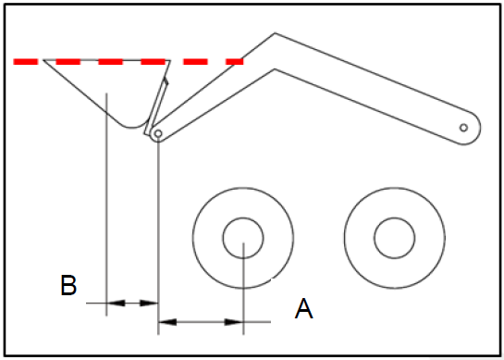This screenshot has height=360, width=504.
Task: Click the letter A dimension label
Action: (303, 308)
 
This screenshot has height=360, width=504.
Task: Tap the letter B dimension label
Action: (68, 285)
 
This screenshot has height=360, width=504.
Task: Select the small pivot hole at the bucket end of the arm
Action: (158, 133)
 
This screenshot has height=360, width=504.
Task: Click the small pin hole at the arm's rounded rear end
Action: (463, 128)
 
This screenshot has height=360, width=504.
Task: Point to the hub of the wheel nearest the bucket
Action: (243, 238)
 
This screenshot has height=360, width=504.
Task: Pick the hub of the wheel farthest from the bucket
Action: (395, 238)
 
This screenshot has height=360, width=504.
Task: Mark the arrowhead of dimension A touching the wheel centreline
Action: (234, 322)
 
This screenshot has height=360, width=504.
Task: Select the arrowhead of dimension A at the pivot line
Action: (167, 322)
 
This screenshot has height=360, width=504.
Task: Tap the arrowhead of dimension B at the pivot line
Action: (149, 303)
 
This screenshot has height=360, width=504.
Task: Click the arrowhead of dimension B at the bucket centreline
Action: (116, 303)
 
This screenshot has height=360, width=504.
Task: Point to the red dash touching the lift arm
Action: (234, 62)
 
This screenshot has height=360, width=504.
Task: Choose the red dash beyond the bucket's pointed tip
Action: (26, 62)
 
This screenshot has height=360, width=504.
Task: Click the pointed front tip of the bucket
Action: (44, 60)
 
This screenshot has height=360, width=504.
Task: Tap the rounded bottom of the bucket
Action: (132, 128)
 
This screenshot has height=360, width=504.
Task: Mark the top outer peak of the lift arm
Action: (275, 33)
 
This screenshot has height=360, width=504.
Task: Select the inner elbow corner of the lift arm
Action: (275, 69)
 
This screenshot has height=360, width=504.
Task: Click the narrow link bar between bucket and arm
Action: (156, 107)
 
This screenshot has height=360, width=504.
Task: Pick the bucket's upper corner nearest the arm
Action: (170, 60)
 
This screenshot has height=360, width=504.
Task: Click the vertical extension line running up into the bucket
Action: (106, 205)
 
